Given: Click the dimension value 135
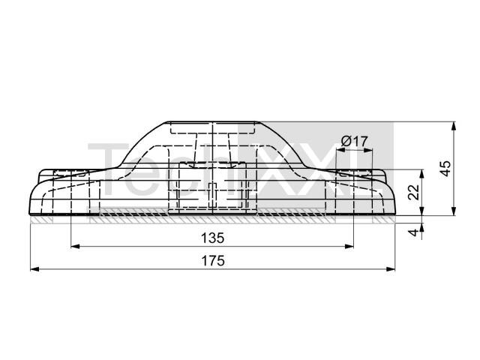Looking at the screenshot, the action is tap(213, 238).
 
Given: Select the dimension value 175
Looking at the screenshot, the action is tap(213, 261).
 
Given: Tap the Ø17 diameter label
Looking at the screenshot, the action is tap(354, 142).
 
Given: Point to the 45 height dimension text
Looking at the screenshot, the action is tap(445, 168).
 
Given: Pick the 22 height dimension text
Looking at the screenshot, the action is tap(414, 192).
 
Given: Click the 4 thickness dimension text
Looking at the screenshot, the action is tap(414, 232).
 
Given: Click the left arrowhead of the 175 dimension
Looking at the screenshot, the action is tap(35, 269).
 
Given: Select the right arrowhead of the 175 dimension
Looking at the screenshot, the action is tap(391, 269).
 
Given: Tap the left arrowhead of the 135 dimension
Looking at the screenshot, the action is tap(75, 246).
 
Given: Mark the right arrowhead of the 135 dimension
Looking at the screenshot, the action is tap(349, 246).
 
